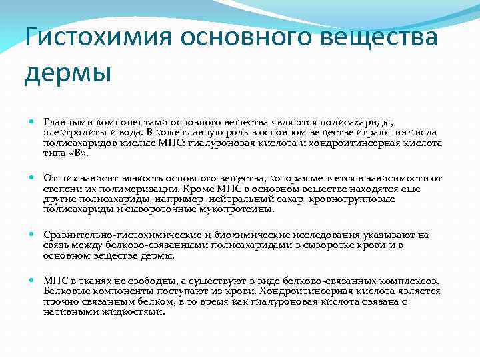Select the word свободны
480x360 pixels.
(142, 281)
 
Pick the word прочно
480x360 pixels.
(59, 301)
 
